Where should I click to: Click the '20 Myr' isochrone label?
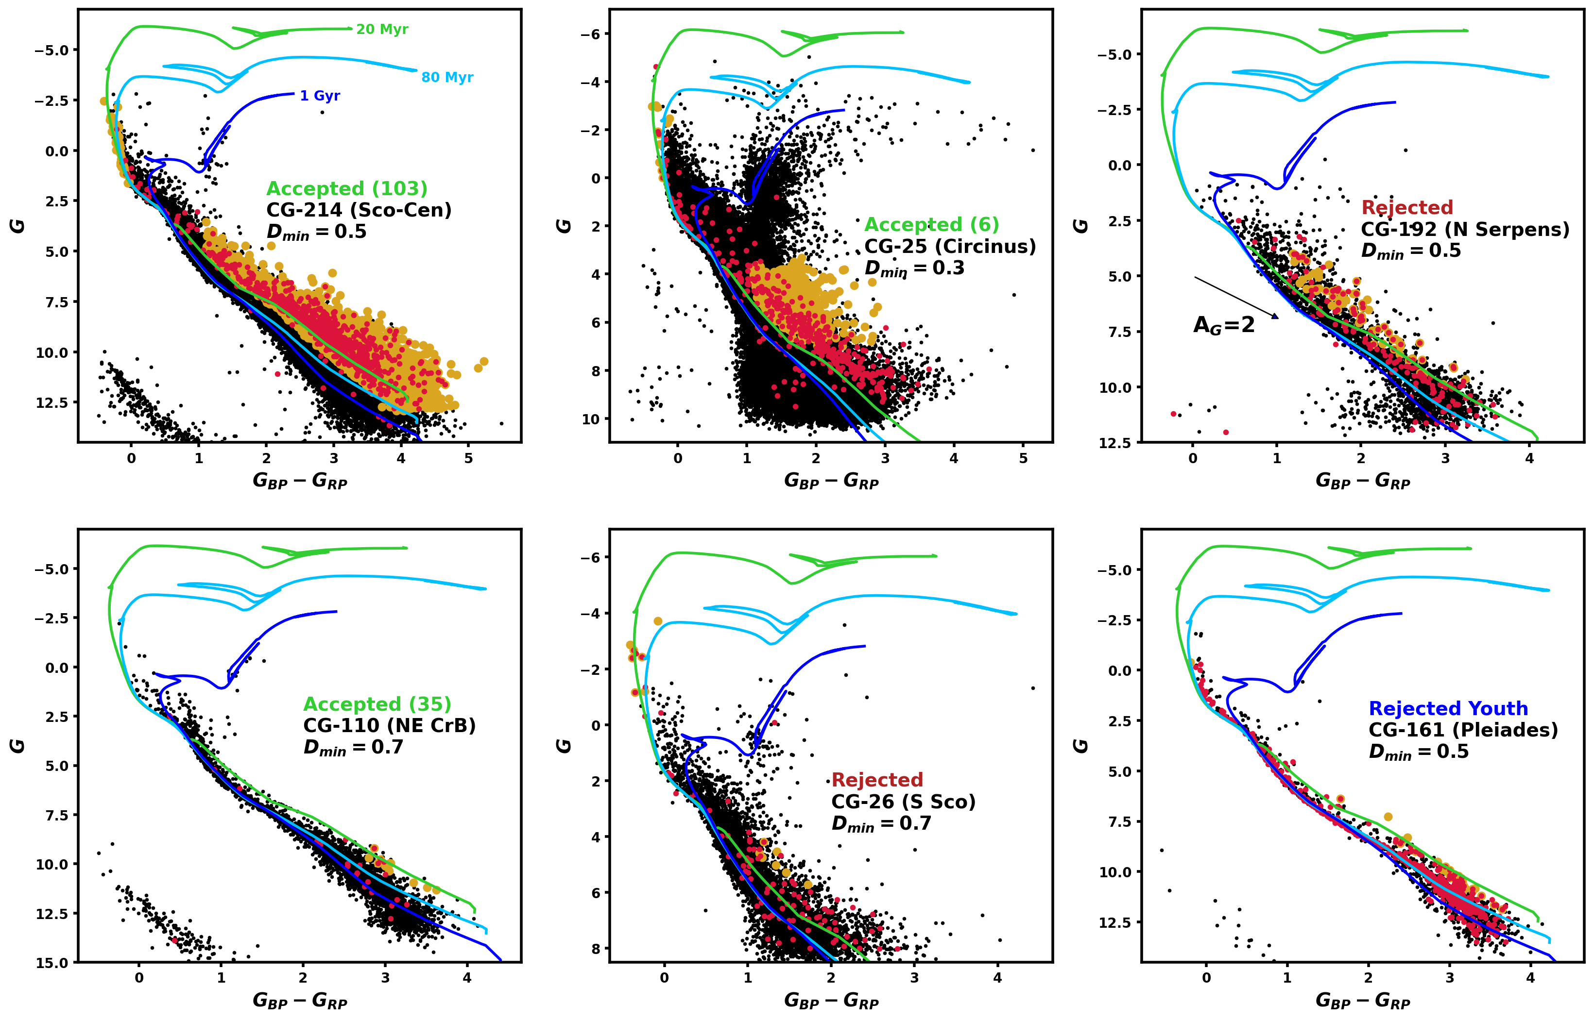click(x=382, y=30)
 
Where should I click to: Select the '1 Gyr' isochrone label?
click(x=320, y=96)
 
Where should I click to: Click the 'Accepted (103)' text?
click(x=346, y=189)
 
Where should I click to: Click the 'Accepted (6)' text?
click(x=931, y=225)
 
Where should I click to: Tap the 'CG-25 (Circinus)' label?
click(x=949, y=247)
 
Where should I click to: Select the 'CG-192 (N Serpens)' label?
click(x=1465, y=229)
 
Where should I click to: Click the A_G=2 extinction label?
click(x=1223, y=325)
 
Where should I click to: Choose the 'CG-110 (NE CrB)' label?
click(x=389, y=725)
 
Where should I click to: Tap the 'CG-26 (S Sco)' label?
click(x=903, y=802)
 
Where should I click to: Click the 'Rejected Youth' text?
click(x=1448, y=709)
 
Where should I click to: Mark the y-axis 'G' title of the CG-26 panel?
click(x=564, y=746)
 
